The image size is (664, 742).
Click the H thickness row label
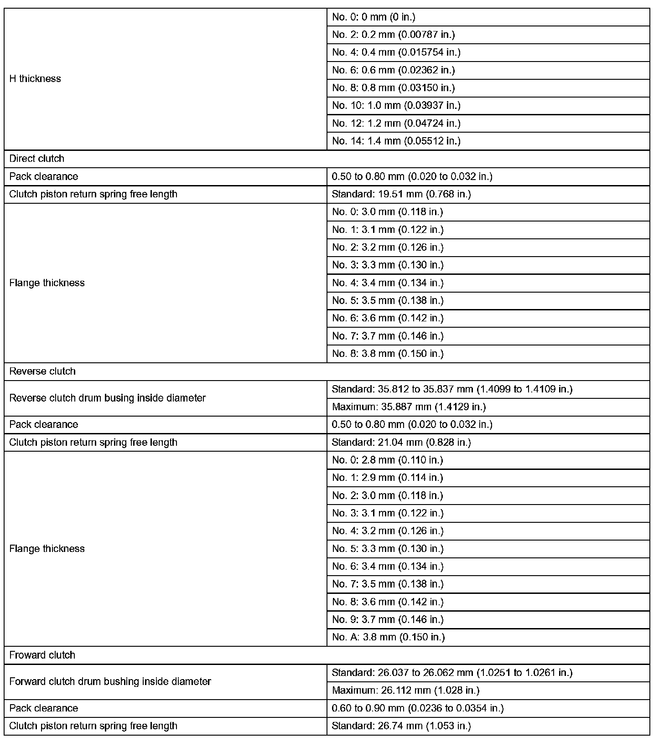[35, 79]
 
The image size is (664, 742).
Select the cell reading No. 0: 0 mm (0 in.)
[373, 17]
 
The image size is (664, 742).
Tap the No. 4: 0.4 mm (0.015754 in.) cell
[396, 52]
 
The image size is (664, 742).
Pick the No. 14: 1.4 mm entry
[396, 141]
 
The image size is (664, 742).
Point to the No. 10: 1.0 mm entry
[396, 106]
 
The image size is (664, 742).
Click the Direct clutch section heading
[37, 159]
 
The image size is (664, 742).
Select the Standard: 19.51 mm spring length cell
[401, 194]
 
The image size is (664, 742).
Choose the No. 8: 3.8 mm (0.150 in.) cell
[388, 354]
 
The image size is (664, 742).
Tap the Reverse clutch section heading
[42, 371]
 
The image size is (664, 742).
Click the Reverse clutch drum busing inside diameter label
[108, 398]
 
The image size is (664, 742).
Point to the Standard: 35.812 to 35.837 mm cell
[452, 389]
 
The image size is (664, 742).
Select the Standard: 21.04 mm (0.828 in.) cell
[401, 443]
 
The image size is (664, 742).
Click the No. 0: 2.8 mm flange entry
[388, 460]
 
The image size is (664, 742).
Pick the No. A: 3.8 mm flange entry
[388, 637]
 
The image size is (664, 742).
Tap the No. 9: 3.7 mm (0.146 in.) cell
[388, 619]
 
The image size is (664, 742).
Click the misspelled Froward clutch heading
[42, 655]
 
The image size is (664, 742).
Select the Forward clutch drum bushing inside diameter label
[110, 682]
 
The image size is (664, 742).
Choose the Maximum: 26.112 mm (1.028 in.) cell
[405, 690]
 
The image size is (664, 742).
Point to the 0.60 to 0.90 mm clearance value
[417, 708]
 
